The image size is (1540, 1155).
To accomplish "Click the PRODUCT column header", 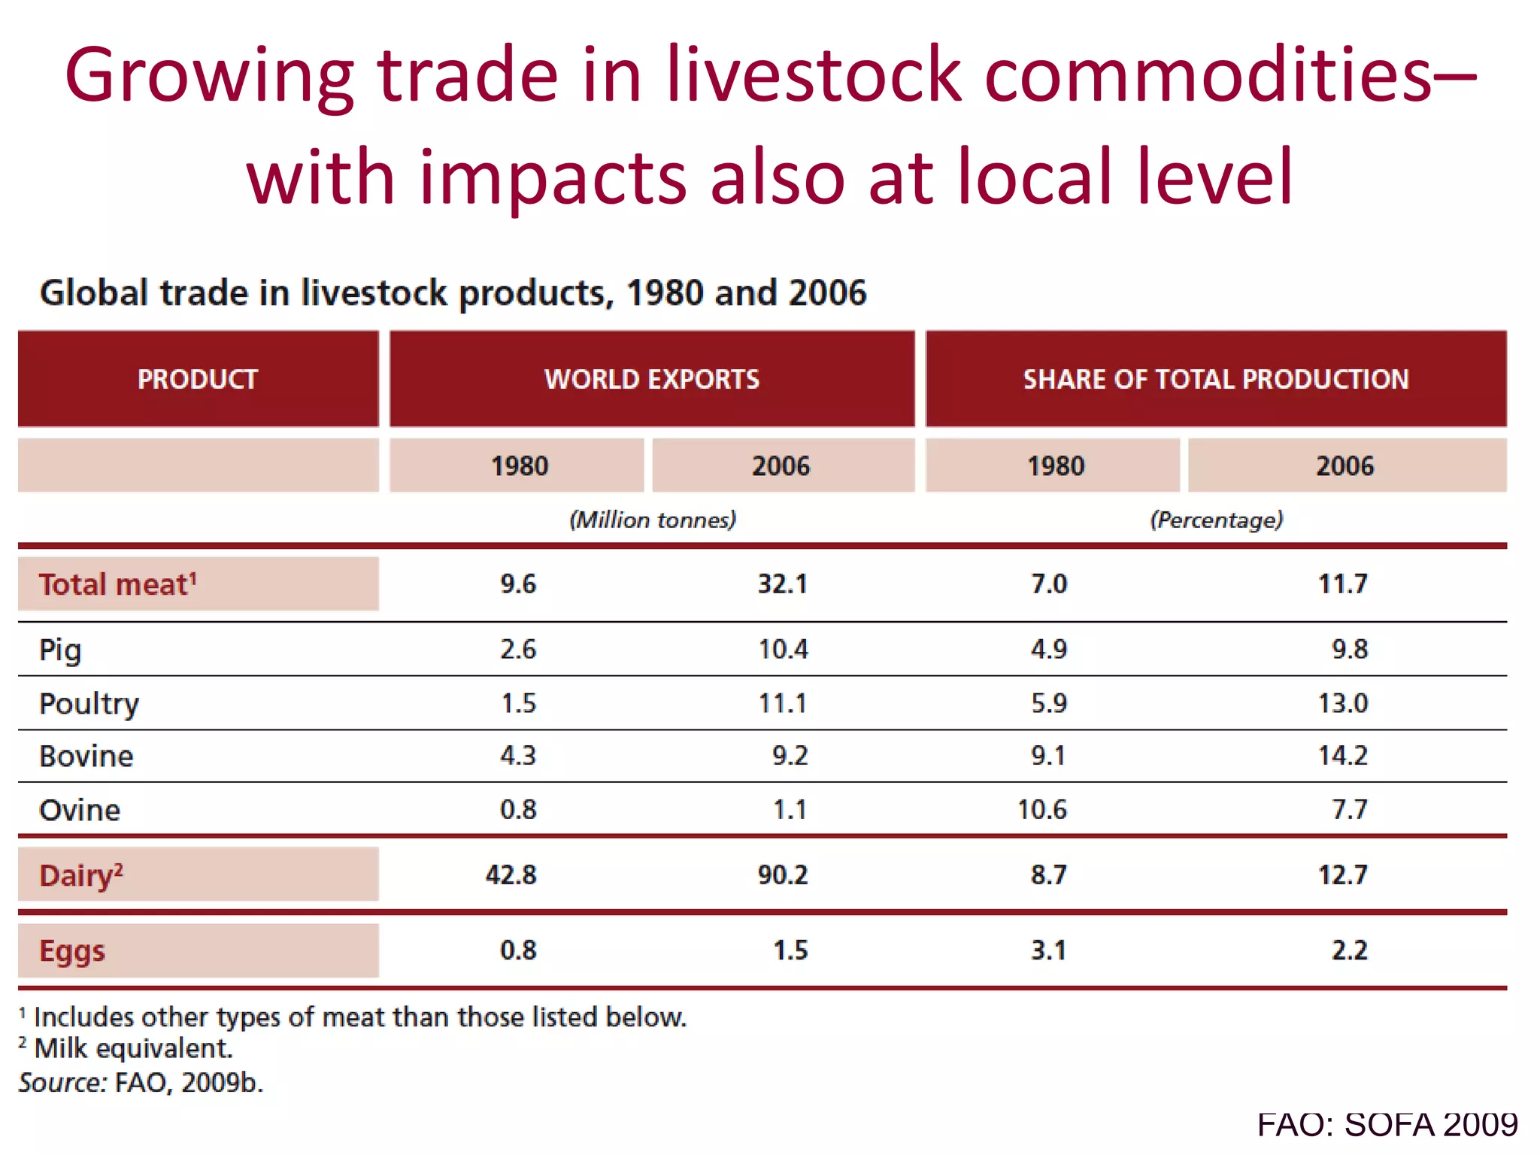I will coord(197,379).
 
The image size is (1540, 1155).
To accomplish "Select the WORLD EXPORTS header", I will coord(651,379).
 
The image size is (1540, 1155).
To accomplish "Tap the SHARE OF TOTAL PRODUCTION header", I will coord(1215,379).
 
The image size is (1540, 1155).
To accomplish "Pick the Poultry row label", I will coord(89,704).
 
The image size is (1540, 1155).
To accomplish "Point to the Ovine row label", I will coord(79,810).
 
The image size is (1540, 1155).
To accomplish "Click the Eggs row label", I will coord(72,951).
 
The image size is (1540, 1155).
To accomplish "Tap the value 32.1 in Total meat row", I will coord(782,584).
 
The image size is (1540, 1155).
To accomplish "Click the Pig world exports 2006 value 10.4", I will coord(782,649).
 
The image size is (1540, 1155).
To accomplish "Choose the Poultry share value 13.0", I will coord(1343,703).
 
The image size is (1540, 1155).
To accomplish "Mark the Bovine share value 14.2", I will coord(1343,755).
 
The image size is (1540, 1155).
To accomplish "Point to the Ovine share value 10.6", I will coord(1041,810).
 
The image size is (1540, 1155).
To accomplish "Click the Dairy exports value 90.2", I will coord(782,875).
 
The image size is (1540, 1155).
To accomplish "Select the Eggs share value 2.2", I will coord(1349,950).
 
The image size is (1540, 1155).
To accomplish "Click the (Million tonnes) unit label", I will coord(652,520).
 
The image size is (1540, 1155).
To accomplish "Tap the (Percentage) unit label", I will coord(1216,520).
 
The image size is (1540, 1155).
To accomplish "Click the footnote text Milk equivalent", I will coord(134,1048).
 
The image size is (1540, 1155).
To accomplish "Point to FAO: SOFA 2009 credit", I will coord(1387,1125).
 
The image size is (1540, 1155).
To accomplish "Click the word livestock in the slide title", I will coord(814,75).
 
